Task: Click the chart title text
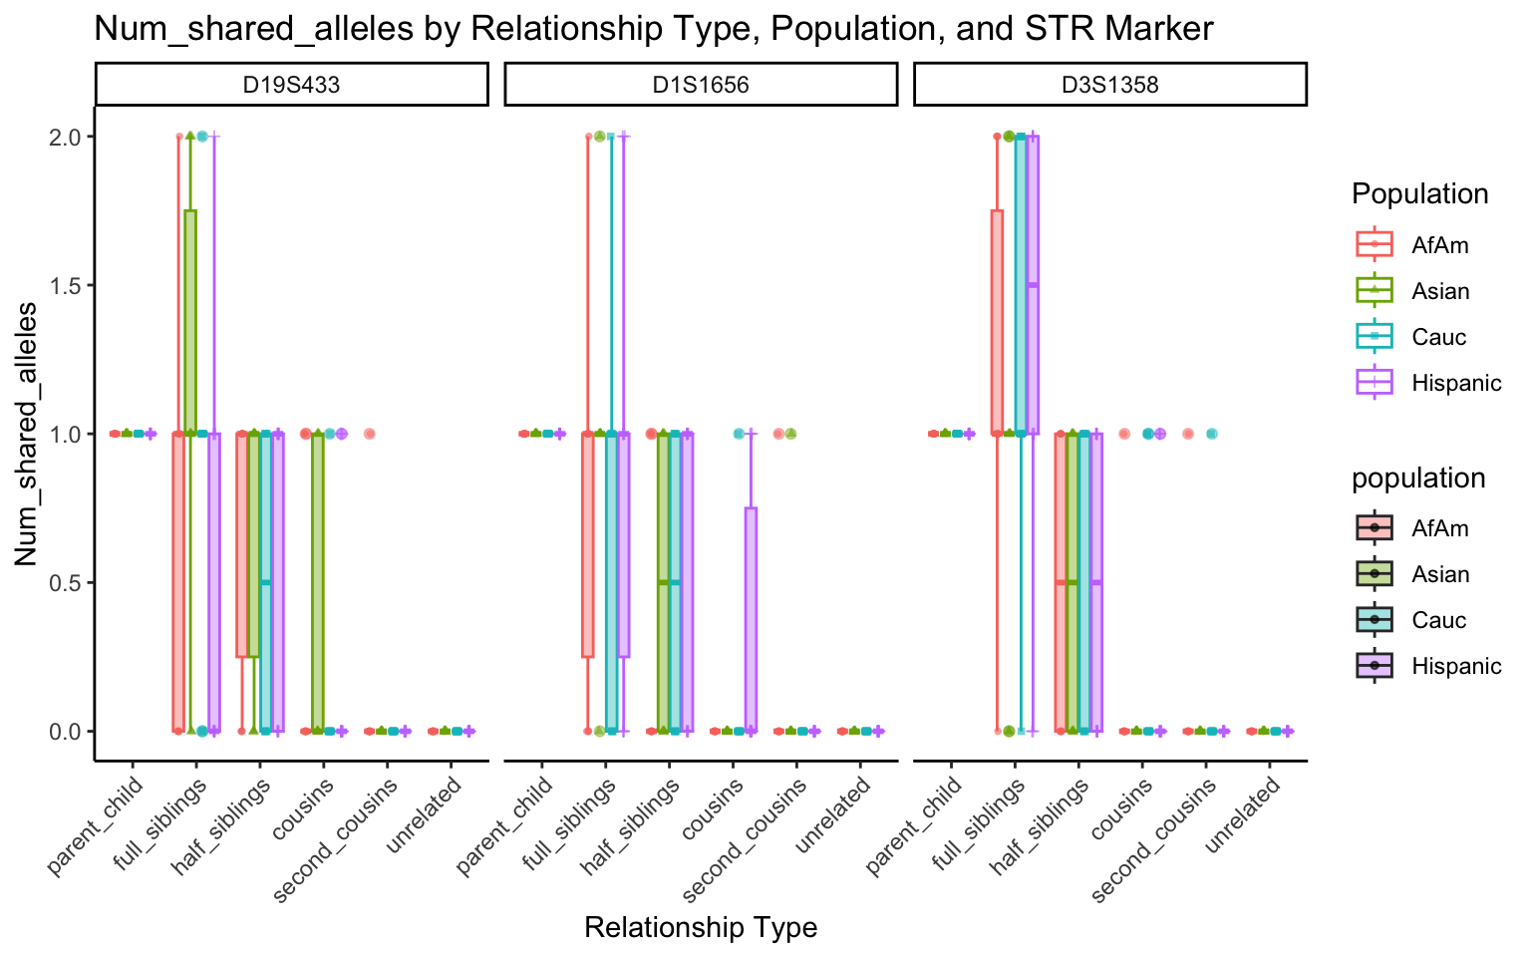(653, 29)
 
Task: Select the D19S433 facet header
(292, 85)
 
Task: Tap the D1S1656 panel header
(701, 85)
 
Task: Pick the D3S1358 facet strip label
(1109, 85)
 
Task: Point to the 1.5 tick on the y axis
(68, 285)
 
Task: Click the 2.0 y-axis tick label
(68, 137)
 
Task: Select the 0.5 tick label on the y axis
(68, 582)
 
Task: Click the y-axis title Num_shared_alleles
(27, 434)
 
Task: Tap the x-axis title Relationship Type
(701, 928)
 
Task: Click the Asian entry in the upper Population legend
(1439, 291)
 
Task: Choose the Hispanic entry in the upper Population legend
(1455, 383)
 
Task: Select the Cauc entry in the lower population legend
(1438, 620)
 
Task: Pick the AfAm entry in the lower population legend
(1439, 528)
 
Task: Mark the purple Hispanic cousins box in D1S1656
(751, 618)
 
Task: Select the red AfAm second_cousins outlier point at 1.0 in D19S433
(369, 434)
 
